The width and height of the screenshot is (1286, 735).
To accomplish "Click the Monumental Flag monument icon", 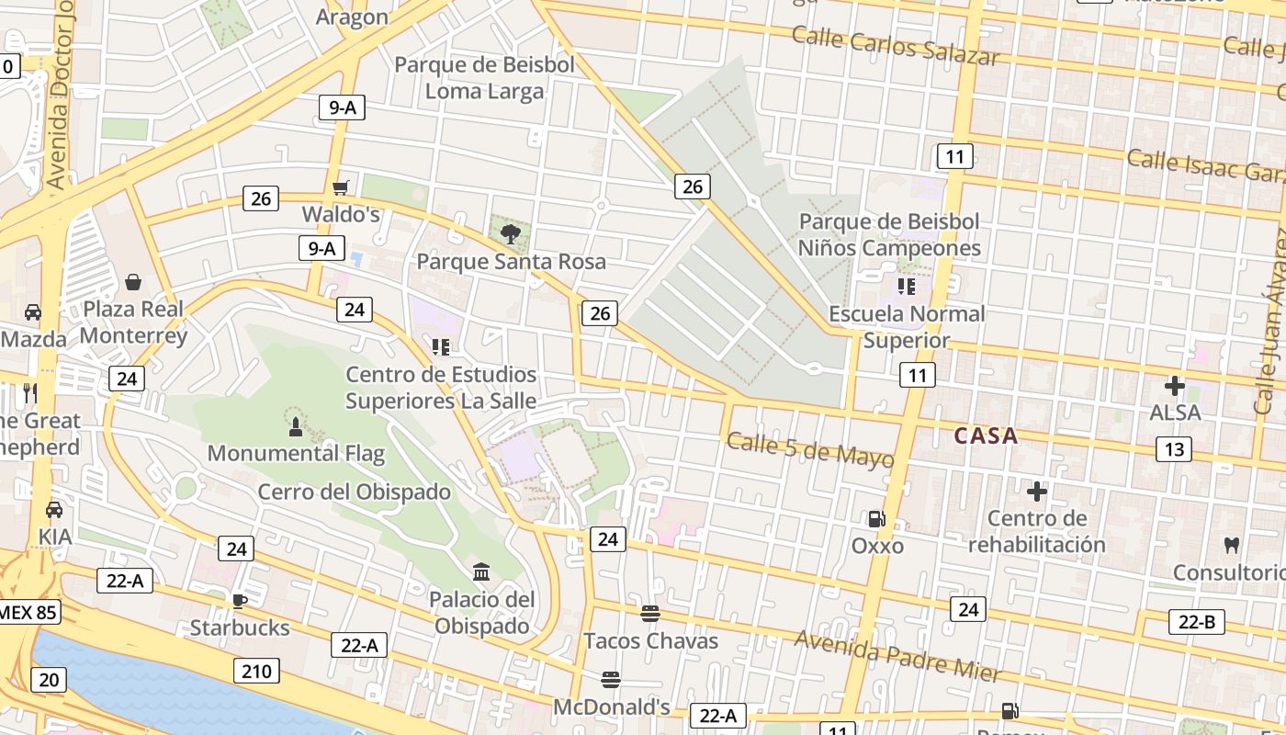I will tap(296, 426).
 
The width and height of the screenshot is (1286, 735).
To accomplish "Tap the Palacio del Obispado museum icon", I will tap(480, 572).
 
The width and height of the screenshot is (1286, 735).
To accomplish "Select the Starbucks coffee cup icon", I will tap(239, 602).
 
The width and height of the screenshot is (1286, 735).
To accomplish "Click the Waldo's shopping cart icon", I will tap(341, 188).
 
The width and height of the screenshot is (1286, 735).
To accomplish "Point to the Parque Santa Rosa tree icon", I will tap(511, 234).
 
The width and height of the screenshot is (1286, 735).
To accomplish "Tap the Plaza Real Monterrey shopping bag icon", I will tap(133, 281).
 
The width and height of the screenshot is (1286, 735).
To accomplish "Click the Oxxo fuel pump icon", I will tap(877, 519).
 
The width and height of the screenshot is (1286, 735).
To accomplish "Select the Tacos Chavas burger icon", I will tap(650, 613).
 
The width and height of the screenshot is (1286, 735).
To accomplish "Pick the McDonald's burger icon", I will tap(611, 680).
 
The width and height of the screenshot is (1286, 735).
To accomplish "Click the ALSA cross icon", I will tap(1174, 386).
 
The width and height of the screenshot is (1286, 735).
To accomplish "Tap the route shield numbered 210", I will tap(256, 671).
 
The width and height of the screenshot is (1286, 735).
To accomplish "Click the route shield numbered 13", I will tap(1173, 448).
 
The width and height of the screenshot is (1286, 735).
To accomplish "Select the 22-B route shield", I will tap(1197, 622).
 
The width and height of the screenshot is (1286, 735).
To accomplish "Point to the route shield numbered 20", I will tap(48, 680).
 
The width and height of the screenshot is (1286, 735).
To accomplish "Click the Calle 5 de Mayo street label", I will tap(810, 450).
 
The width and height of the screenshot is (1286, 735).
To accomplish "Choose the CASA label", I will tap(986, 435).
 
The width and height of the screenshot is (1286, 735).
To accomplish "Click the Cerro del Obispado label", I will tap(354, 492).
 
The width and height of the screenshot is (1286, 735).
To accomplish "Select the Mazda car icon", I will tap(33, 312).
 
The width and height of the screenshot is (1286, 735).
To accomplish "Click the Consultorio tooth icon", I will tap(1232, 545).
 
